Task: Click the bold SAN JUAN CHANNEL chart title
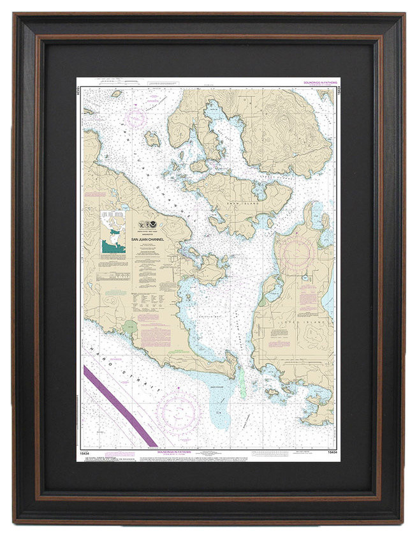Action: click(147, 239)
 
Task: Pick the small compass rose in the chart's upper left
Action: click(135, 118)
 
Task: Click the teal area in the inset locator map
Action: click(113, 245)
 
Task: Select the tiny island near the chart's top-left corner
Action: click(117, 93)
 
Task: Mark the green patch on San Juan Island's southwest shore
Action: click(130, 327)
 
